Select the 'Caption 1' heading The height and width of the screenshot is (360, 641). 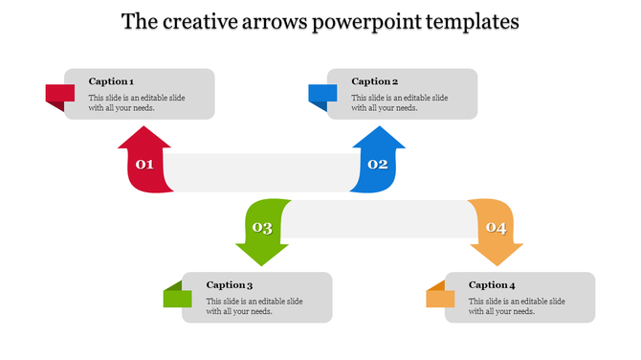pos(111,81)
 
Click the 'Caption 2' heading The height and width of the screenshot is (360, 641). pos(374,81)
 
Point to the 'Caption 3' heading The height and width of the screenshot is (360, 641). pos(230,284)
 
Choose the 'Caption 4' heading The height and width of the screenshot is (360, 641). pos(493,284)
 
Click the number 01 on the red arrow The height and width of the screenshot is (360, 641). pos(144,165)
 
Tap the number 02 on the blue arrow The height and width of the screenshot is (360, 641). pos(378,165)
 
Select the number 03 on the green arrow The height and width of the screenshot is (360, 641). pos(261,228)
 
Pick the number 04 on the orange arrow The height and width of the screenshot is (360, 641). pos(496,228)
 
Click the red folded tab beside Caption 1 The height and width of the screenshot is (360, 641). pos(59,95)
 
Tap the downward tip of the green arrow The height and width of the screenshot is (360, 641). pos(261,260)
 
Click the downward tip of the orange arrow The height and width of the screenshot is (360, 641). pos(497,260)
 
